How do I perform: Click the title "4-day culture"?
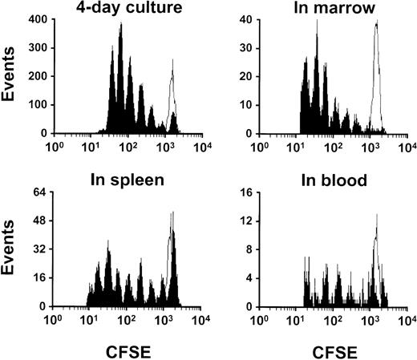[123, 10]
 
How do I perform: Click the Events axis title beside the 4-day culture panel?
[10, 75]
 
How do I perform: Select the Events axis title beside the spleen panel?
[10, 249]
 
